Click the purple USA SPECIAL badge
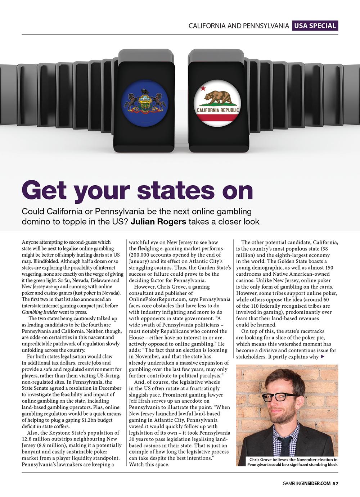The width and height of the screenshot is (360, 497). (315, 26)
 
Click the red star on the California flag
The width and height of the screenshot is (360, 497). (203, 87)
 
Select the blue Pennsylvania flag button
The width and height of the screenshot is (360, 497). (145, 103)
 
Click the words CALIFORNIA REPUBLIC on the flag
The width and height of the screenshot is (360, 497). (218, 110)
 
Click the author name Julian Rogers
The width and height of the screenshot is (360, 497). (158, 221)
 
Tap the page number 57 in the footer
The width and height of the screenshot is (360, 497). (335, 483)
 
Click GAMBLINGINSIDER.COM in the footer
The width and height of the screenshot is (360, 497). (306, 483)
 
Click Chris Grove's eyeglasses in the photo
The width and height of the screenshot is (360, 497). (280, 397)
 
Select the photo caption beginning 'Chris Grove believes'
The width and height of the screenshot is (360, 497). (292, 462)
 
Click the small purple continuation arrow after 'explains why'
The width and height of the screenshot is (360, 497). (322, 357)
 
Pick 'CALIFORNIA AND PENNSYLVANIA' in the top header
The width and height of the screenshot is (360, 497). (239, 26)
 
